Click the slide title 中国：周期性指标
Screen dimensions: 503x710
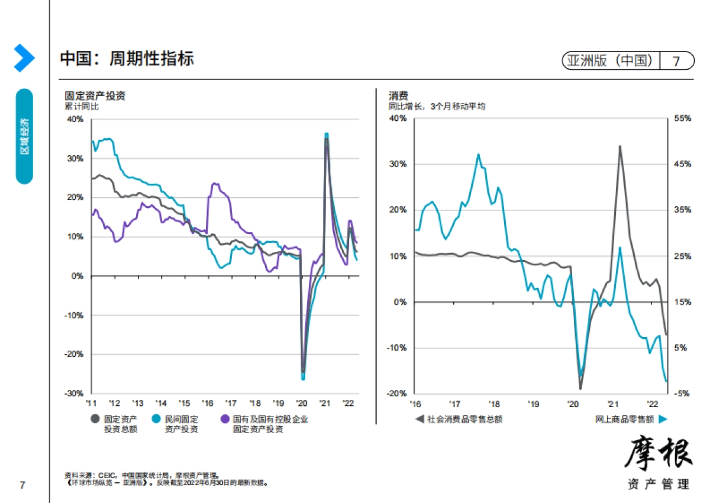127,59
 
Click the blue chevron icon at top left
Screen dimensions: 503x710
24,58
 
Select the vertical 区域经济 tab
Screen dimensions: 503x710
24,136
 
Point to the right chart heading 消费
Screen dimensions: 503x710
398,96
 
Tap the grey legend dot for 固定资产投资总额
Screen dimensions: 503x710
95,419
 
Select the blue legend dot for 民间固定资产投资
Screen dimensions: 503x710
157,419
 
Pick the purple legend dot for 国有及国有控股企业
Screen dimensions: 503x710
225,419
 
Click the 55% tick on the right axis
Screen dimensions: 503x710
682,118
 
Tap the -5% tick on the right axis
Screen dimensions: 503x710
681,393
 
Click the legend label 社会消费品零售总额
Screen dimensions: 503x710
464,419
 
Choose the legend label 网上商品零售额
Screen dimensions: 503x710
624,419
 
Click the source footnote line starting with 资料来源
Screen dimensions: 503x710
142,475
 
